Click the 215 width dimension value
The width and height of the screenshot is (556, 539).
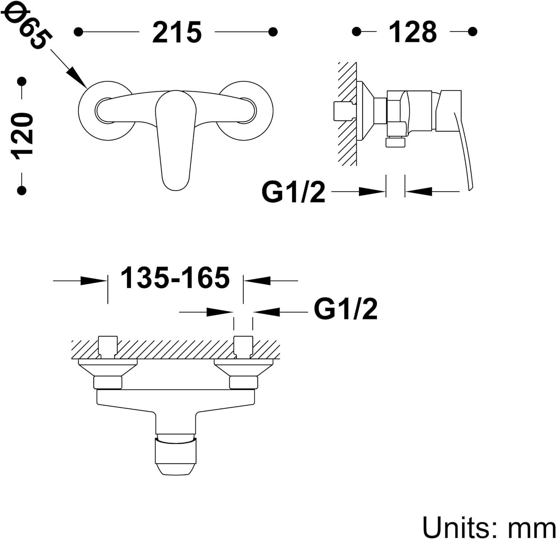tap(177, 32)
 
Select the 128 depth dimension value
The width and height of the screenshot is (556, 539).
tap(413, 32)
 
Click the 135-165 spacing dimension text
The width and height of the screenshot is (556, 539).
tap(175, 277)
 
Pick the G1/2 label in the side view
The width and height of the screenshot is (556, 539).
tap(293, 192)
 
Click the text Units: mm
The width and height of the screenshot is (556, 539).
tap(489, 526)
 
